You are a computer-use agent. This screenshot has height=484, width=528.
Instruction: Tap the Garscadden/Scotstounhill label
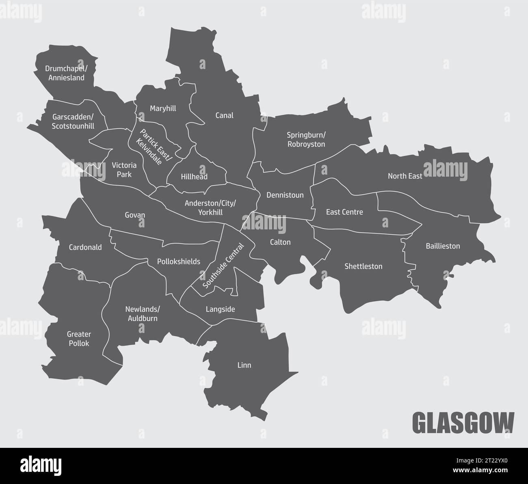coord(73,121)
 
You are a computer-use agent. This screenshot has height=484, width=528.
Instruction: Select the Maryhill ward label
coord(163,108)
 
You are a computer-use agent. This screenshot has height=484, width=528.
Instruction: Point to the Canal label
coord(224,115)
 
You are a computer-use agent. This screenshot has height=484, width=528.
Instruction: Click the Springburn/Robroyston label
coord(306,139)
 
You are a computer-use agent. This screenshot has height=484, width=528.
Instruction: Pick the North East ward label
coord(405,176)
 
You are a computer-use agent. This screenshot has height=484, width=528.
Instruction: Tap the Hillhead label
coord(194,177)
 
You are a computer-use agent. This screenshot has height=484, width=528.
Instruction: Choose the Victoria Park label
coord(124,170)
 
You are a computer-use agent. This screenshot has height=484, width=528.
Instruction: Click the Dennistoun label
coord(285,195)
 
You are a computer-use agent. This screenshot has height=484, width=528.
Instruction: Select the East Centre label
coord(344,212)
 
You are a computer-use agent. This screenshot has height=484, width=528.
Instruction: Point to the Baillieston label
coord(443,246)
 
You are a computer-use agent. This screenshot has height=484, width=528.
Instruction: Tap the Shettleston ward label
coord(363,266)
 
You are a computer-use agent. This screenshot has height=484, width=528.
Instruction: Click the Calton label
coord(280,242)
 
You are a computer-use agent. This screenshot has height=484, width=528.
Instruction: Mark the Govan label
coord(135,215)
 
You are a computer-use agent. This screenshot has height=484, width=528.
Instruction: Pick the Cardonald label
coord(85,247)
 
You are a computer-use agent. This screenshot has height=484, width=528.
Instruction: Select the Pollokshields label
coord(179,262)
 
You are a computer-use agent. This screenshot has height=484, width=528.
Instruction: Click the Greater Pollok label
coord(79,339)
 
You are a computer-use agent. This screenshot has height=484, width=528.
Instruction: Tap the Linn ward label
coord(244,365)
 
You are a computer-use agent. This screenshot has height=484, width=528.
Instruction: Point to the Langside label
coord(220,309)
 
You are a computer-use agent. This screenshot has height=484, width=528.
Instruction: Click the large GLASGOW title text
coord(463,422)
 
